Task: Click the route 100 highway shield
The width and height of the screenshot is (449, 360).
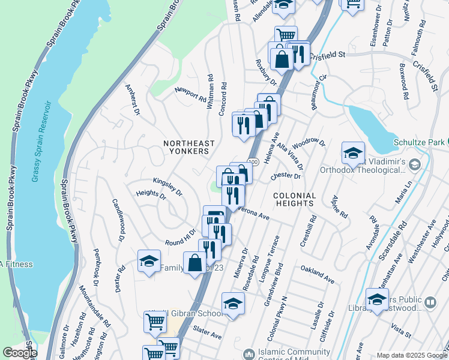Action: point(254,162)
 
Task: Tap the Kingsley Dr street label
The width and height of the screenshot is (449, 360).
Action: point(167,185)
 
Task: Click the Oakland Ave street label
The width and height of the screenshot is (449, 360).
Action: point(317,275)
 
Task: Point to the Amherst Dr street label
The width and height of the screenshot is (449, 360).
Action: point(133,100)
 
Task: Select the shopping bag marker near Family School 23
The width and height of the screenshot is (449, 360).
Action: point(194,263)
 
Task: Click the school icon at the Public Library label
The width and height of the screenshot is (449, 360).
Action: point(377,300)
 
